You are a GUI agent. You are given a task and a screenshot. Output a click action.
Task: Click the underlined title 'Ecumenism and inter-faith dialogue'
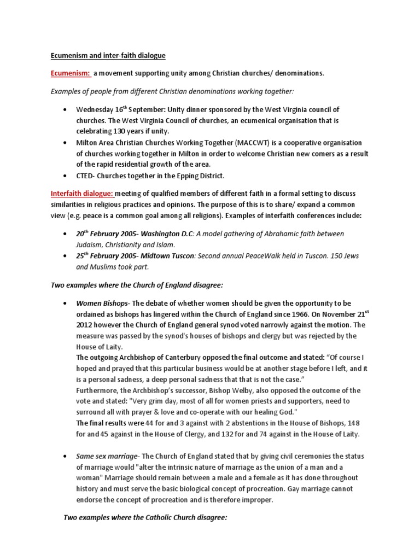tap(108, 55)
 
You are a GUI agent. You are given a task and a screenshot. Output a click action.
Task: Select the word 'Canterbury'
tap(177, 358)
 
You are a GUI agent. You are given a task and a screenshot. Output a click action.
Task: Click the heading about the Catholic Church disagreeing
tap(145, 517)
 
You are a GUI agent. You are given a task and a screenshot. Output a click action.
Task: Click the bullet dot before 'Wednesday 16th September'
tap(66, 110)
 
